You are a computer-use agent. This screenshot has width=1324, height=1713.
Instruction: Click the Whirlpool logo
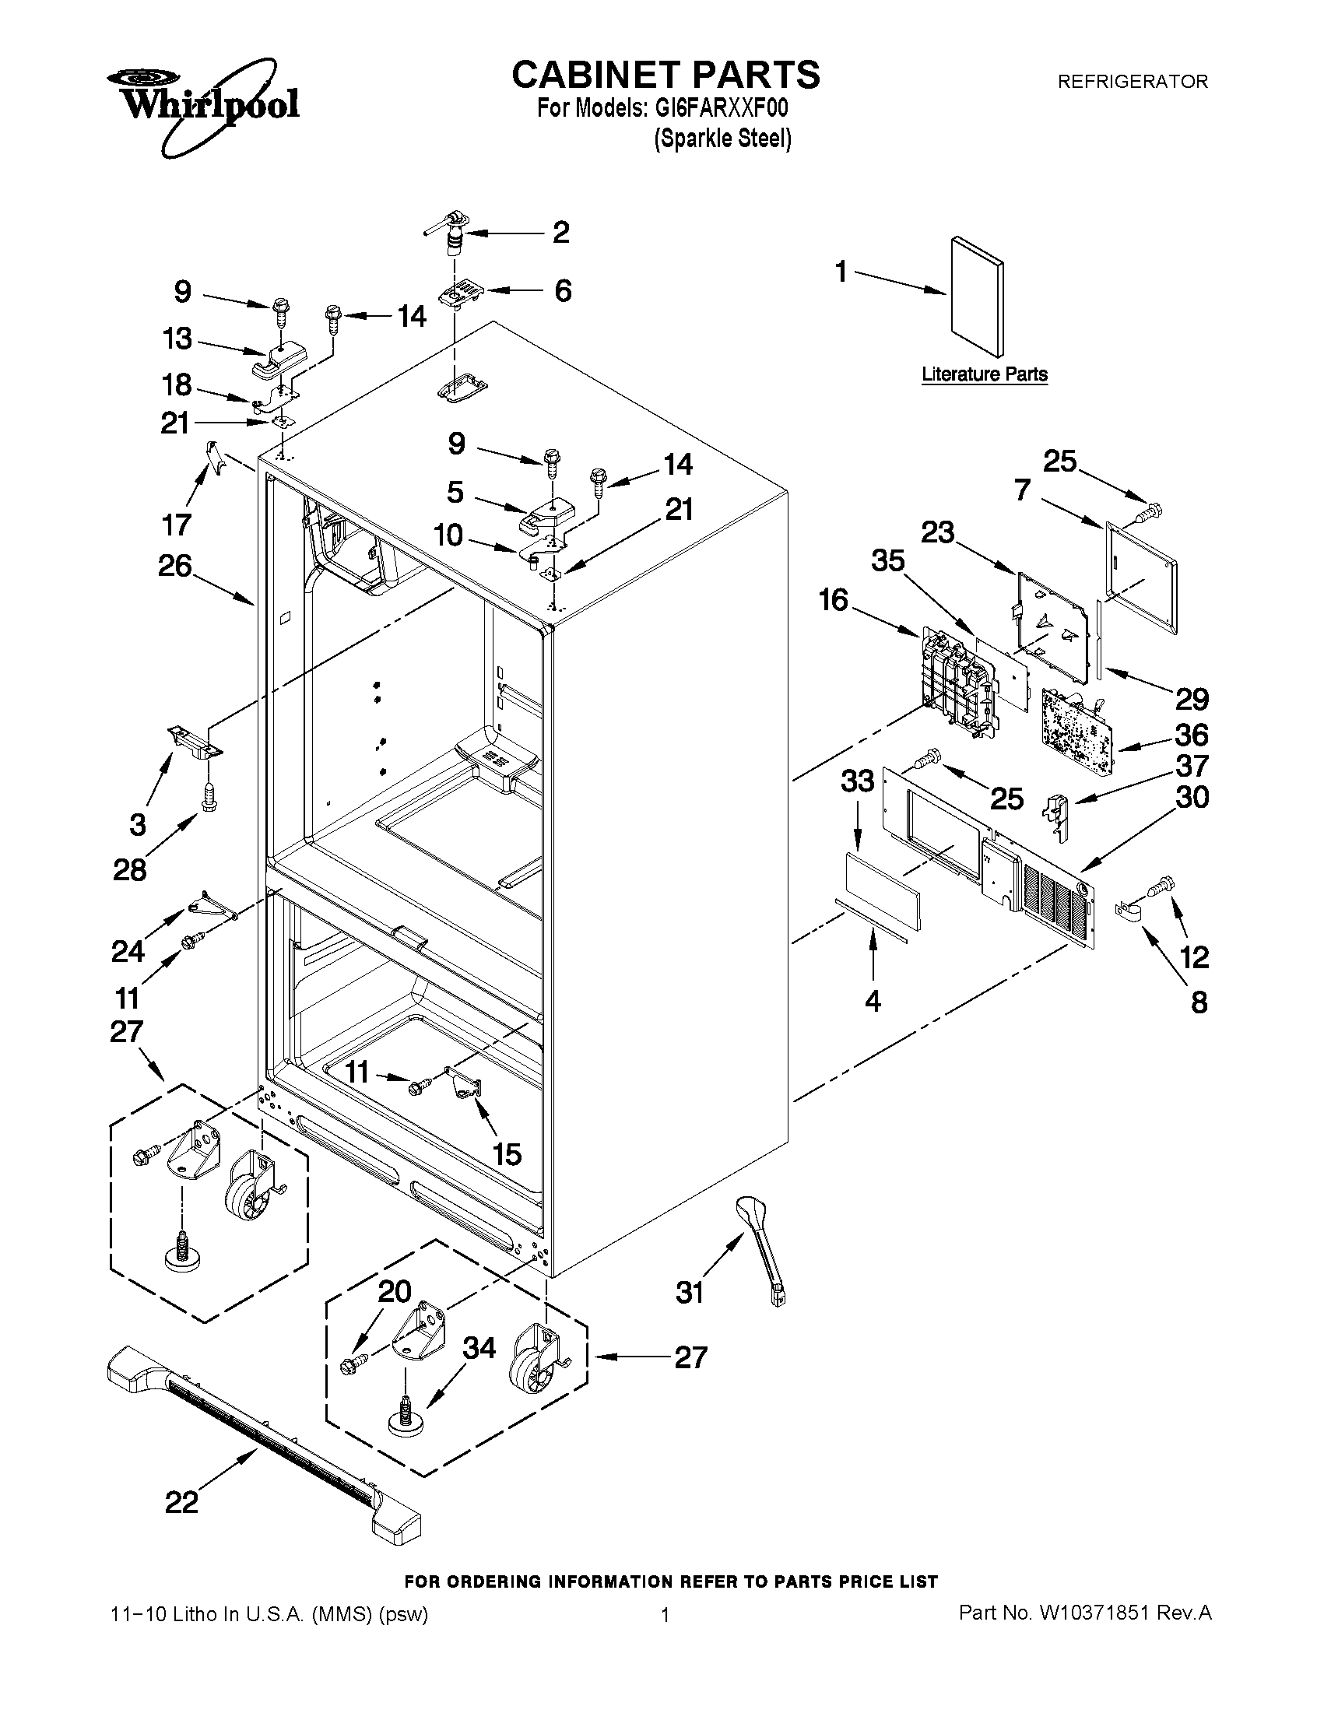coord(202,104)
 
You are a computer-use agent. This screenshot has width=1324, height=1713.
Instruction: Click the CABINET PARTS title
coord(666,75)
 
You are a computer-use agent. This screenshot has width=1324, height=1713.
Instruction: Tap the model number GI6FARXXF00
coord(721,108)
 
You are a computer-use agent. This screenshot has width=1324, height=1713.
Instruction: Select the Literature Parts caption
coord(985,374)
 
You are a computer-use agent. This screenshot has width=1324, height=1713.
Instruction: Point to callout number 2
coord(561,233)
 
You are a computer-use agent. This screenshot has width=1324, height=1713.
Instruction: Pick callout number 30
coord(1192,798)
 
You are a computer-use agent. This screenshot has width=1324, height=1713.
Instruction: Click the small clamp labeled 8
coord(1126,911)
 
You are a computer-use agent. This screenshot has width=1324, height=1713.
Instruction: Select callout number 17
coord(177,524)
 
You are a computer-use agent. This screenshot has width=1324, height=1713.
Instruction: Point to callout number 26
coord(175,566)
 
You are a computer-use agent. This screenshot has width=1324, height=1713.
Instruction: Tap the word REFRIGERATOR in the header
coord(1133,82)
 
